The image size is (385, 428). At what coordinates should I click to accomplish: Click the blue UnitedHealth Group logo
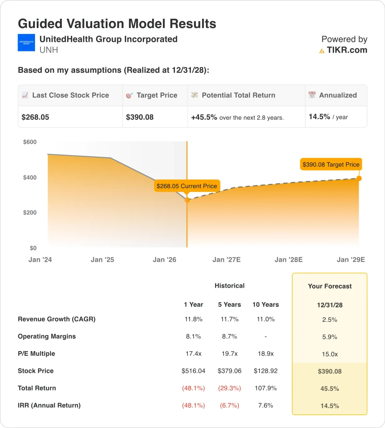point(26,43)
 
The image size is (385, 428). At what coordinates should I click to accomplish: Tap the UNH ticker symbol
point(48,51)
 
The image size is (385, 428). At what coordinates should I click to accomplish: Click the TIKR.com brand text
point(347,50)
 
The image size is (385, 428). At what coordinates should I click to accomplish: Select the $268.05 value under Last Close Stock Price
point(35,117)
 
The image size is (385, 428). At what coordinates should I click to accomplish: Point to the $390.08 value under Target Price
point(140,117)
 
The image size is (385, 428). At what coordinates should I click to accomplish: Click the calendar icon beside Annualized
point(312,95)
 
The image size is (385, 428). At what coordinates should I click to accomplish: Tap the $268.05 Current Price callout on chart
point(187,186)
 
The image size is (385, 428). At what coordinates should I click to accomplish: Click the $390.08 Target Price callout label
point(331,164)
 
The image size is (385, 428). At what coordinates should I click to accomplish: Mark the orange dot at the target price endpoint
point(359,178)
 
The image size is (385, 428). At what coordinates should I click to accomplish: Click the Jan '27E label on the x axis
point(226,260)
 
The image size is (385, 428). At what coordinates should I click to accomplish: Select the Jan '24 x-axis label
point(40,260)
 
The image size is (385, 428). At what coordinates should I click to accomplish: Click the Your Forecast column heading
point(330,286)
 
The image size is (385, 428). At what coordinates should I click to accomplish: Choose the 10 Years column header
point(266,304)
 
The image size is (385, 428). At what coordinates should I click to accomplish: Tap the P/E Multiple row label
point(36,354)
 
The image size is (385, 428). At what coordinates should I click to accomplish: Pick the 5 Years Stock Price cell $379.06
point(229,371)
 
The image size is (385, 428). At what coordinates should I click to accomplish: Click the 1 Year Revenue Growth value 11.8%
point(193,319)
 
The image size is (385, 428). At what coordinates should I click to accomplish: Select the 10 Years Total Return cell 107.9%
point(266,388)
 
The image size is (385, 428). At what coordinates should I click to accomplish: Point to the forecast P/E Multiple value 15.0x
point(330,354)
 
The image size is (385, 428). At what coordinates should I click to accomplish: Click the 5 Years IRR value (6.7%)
point(229,405)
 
